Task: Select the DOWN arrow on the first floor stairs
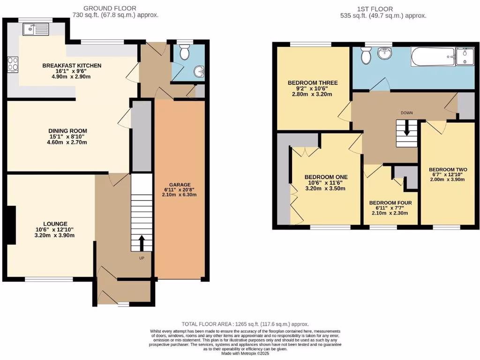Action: click(406, 128)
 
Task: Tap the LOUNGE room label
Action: click(55, 224)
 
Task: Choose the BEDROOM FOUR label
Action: click(390, 203)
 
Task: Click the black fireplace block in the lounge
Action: click(11, 225)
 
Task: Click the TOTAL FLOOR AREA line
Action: click(245, 324)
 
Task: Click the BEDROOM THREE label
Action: click(312, 82)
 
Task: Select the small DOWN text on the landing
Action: click(406, 113)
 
